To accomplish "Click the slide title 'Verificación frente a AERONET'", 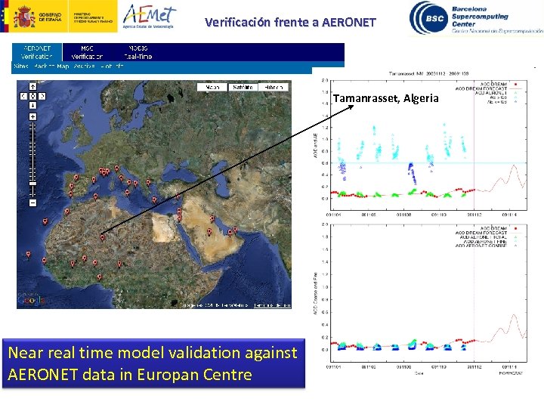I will [290, 23].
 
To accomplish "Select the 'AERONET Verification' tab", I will [37, 52].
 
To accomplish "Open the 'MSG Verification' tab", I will [88, 52].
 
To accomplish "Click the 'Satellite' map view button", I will [243, 88].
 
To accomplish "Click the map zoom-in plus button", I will [32, 117].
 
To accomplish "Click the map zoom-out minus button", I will [32, 202].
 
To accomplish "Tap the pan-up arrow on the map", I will [32, 87].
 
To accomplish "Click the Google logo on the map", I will [30, 301].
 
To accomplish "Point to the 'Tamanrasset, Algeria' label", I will [385, 98].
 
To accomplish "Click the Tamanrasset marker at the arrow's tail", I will [102, 236].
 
